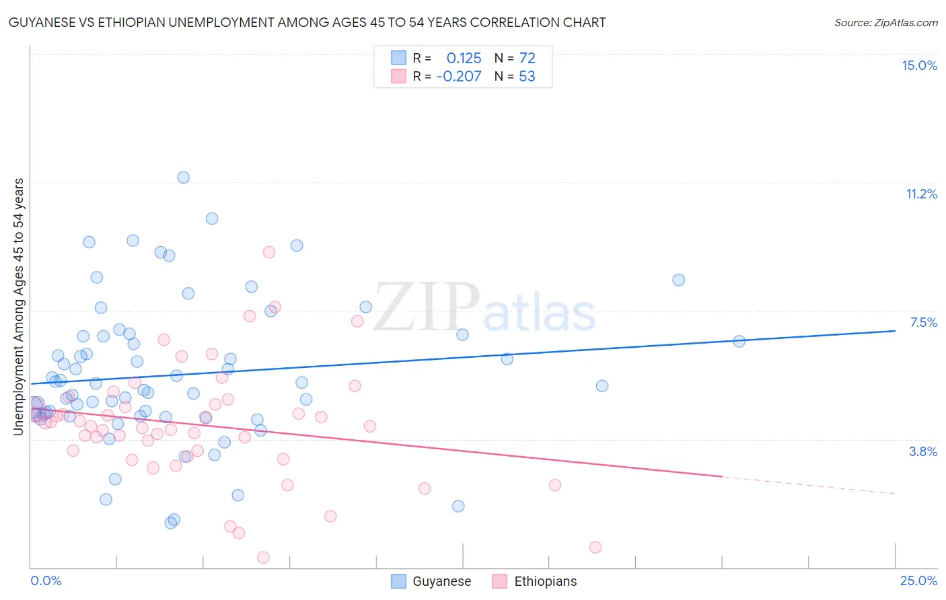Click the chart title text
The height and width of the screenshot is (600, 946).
tap(307, 22)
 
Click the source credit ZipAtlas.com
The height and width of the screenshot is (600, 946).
tap(885, 22)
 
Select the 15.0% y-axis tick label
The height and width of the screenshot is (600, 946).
tap(919, 65)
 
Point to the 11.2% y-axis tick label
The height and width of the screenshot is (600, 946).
tap(921, 194)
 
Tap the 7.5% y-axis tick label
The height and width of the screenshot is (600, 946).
tap(923, 322)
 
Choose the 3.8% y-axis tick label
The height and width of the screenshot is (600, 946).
tap(923, 451)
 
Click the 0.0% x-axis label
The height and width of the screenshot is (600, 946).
tap(46, 580)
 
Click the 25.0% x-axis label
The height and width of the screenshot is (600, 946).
tap(918, 580)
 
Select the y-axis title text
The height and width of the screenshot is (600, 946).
tap(19, 307)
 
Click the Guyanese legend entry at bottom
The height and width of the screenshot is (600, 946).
tap(431, 581)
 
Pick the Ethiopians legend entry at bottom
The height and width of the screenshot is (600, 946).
tap(534, 581)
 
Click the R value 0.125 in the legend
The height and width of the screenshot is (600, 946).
tap(464, 58)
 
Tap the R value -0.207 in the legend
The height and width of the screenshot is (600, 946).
tap(459, 76)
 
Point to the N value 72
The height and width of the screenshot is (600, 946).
tap(527, 58)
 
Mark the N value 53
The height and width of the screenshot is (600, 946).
tap(527, 76)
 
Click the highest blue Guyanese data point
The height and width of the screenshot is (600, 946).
tap(183, 178)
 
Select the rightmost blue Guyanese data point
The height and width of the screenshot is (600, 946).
tap(739, 341)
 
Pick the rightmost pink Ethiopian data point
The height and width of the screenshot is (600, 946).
tap(595, 547)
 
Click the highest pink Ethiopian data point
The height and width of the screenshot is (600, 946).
tap(269, 252)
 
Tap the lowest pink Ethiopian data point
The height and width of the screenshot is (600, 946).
tap(263, 557)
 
